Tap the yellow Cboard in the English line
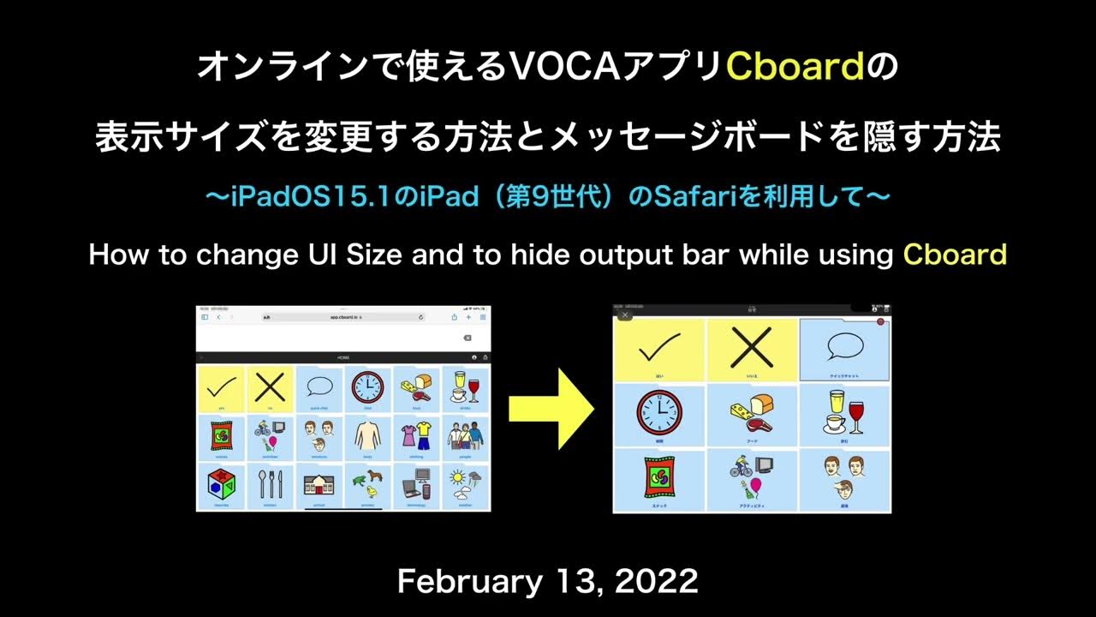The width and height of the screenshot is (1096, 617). click(955, 255)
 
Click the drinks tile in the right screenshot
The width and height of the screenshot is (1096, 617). click(844, 414)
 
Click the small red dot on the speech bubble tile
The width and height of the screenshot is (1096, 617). click(880, 321)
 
